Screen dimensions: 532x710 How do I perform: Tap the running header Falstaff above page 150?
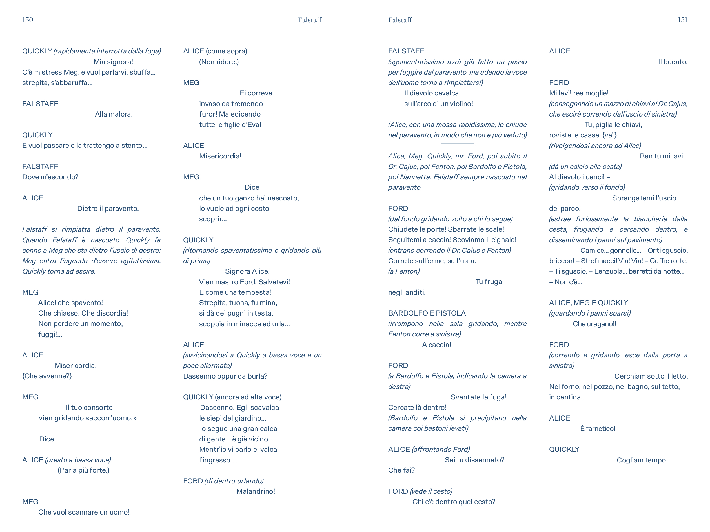point(309,20)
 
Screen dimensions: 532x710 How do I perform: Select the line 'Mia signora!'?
point(113,62)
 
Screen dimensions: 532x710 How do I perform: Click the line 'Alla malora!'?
point(114,114)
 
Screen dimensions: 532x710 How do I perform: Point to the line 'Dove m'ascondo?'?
point(50,177)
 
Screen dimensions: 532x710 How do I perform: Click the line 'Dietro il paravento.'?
point(108,209)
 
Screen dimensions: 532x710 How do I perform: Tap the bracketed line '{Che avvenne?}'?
point(47,376)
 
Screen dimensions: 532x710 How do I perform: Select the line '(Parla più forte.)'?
point(83,470)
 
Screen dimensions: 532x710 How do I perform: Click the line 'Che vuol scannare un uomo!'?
point(84,512)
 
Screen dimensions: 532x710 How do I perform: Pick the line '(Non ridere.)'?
point(219,62)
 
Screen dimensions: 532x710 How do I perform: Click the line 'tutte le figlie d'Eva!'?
point(230,125)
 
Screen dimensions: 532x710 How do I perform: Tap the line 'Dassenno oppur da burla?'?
point(225,376)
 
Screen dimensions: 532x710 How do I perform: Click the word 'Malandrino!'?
point(256,491)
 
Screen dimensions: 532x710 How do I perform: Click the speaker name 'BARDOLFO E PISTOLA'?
point(427,313)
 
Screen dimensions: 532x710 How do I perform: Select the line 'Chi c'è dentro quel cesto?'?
point(454,502)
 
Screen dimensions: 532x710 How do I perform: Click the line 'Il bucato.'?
point(673,62)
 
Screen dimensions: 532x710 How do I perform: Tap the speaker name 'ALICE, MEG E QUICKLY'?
point(588,303)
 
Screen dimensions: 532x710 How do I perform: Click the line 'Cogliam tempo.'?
point(642,460)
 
